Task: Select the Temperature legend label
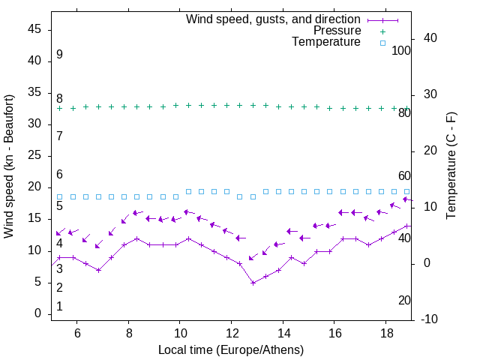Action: (326, 42)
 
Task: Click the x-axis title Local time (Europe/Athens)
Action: (231, 349)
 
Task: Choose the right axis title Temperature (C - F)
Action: (451, 165)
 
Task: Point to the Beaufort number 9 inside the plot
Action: (59, 55)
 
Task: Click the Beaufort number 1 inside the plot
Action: (59, 306)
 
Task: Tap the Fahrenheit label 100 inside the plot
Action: (401, 50)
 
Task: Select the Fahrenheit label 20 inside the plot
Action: (404, 300)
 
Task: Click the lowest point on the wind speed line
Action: (253, 283)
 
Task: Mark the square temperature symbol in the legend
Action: (382, 43)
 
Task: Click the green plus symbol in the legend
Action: (382, 31)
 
